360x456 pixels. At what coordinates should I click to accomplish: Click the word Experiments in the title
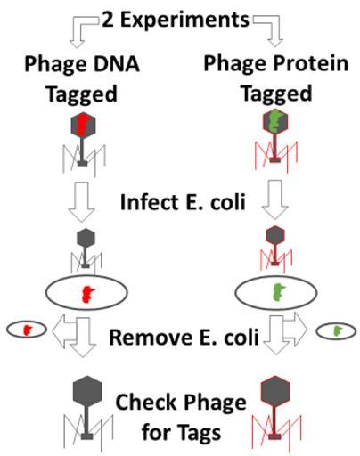[x=184, y=20]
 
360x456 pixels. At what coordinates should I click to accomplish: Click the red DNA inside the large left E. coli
[x=87, y=294]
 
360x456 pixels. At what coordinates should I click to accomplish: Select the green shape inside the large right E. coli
[x=278, y=291]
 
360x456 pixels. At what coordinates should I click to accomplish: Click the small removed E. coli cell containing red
[x=27, y=330]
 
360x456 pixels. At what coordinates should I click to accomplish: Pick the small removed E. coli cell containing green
[x=336, y=331]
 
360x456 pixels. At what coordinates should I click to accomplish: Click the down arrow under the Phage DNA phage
[x=82, y=202]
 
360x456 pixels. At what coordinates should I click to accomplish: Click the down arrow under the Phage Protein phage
[x=275, y=199]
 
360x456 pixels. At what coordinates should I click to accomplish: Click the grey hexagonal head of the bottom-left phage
[x=87, y=390]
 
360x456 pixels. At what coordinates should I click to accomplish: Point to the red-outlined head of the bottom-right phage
[x=275, y=390]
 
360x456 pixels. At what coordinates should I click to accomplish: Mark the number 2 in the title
[x=108, y=20]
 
